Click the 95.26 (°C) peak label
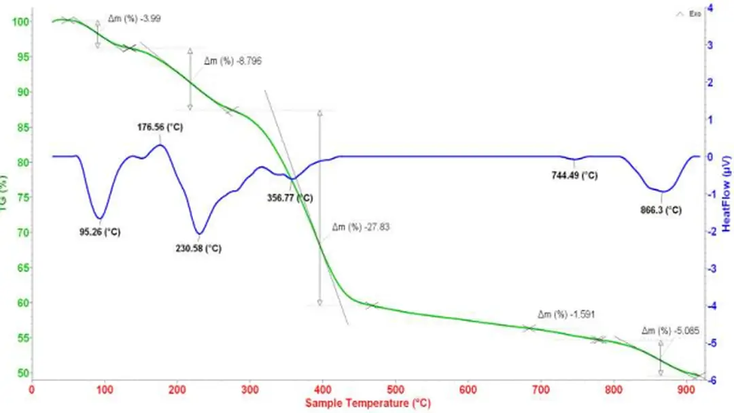tap(100, 231)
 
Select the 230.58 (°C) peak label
tap(198, 248)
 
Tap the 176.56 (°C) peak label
tap(161, 127)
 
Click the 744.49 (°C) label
tap(574, 176)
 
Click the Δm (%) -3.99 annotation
tap(135, 18)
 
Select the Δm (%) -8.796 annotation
tap(233, 61)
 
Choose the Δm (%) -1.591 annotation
tap(567, 315)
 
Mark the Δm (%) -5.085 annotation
tap(670, 331)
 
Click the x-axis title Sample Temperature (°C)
tap(368, 403)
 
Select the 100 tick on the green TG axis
tap(22, 22)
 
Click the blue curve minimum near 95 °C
tap(99, 219)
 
